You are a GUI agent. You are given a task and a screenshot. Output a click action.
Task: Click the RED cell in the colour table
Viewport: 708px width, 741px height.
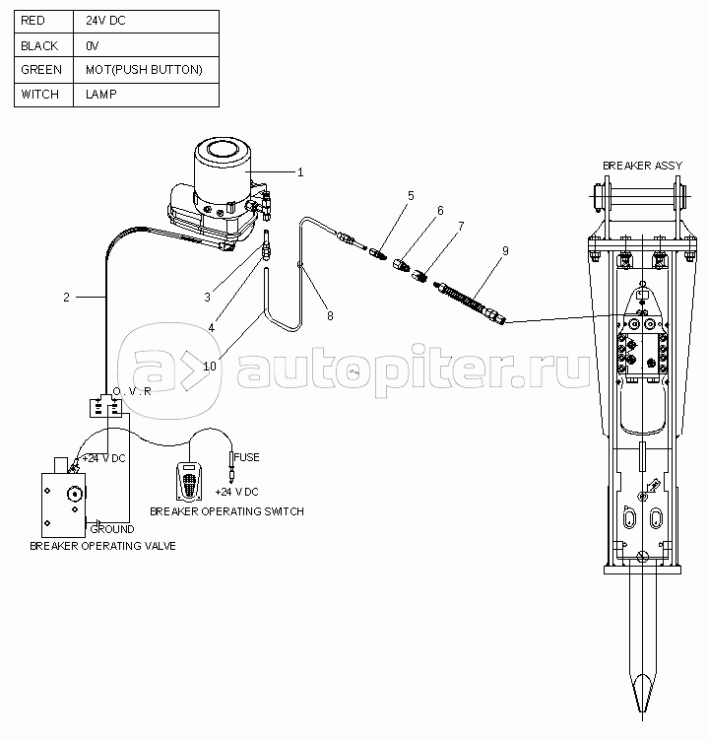tap(44, 22)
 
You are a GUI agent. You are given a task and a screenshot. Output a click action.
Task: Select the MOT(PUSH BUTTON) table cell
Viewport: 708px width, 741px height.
tap(146, 70)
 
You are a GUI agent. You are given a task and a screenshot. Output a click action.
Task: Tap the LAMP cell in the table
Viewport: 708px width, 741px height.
tap(146, 95)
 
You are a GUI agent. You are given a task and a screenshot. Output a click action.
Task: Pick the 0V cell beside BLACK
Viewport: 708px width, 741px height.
tap(146, 45)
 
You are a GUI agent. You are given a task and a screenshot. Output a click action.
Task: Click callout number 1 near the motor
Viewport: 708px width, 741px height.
tap(300, 172)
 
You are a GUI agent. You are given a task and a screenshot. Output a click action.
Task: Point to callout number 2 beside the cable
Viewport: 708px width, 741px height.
tap(67, 298)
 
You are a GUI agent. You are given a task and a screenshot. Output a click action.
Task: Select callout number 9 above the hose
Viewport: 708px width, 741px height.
tap(505, 251)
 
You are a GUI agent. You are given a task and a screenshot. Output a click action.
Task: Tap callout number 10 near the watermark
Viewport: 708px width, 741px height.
tap(210, 367)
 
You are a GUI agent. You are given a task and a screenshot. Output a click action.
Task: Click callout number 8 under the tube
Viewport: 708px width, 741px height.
tap(330, 315)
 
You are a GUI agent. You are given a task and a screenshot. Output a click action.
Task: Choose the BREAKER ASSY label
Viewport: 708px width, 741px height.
tap(642, 166)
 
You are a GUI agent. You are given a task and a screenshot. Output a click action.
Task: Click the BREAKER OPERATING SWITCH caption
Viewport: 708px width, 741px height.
tap(226, 511)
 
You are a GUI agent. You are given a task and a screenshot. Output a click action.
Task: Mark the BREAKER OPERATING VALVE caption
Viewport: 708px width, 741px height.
tap(102, 546)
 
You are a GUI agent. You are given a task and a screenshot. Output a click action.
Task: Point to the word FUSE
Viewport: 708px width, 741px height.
tap(246, 457)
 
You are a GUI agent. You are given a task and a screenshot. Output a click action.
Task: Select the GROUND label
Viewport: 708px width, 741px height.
tap(112, 529)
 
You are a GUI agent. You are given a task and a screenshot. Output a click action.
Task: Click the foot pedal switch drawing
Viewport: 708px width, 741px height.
tap(189, 481)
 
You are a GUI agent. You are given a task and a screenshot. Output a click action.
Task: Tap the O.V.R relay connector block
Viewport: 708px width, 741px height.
tap(105, 407)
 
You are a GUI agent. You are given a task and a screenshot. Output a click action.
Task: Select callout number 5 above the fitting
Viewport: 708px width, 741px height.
tap(411, 196)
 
